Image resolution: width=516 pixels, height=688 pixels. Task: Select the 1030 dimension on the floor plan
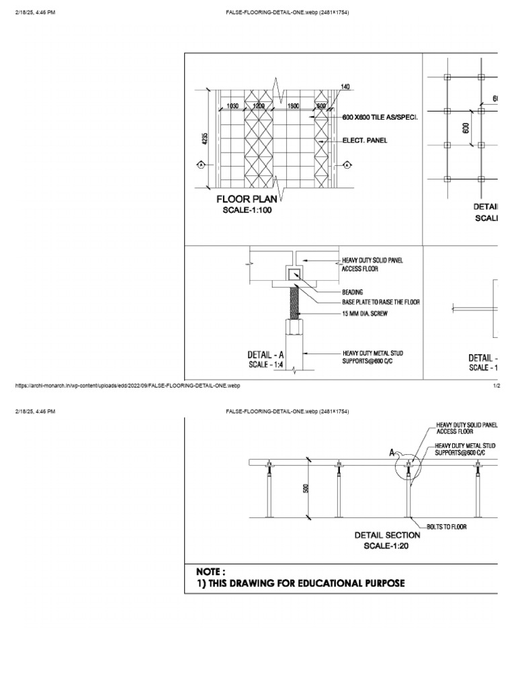coord(233,105)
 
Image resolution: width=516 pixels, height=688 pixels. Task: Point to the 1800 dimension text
coord(293,105)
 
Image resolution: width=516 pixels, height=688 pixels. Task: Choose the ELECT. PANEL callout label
coord(365,140)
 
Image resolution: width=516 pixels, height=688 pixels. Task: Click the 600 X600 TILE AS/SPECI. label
coord(380,118)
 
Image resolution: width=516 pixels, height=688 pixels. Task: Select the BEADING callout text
coord(353,292)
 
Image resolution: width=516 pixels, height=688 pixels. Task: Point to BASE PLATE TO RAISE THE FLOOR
coord(381,302)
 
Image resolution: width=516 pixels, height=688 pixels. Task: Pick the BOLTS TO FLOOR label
coord(446,527)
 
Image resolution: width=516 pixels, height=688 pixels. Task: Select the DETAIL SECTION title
coord(387,535)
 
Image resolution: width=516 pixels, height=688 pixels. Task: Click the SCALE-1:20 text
coord(387,546)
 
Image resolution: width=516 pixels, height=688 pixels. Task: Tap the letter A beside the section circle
coord(392,454)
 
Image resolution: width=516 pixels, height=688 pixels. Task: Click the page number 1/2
coord(497,386)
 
